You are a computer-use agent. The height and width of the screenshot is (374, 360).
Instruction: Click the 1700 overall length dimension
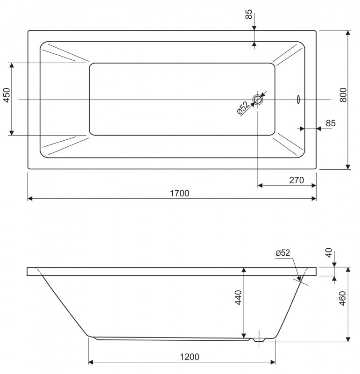click(179, 193)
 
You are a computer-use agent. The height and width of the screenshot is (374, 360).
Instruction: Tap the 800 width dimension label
click(343, 95)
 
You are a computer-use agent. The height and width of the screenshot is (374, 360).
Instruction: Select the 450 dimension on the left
click(7, 95)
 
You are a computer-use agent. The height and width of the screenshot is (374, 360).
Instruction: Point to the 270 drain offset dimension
click(296, 180)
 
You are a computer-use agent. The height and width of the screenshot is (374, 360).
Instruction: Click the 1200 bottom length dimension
click(190, 357)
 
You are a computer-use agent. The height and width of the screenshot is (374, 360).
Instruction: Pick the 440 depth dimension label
click(238, 297)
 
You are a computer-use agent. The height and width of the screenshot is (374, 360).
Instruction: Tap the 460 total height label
click(342, 298)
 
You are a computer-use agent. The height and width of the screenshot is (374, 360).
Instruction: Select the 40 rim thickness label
click(329, 252)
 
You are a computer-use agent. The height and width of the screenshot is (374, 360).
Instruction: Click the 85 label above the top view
click(248, 14)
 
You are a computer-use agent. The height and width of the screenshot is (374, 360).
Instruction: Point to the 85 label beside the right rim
click(331, 123)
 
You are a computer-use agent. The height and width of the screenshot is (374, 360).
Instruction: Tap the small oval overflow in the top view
click(298, 100)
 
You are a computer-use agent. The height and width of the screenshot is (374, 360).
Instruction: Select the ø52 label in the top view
click(243, 108)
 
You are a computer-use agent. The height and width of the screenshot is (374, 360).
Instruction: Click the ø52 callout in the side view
click(283, 253)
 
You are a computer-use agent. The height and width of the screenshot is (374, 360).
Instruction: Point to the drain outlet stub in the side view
click(259, 340)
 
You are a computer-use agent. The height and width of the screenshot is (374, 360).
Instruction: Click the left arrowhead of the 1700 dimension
click(30, 198)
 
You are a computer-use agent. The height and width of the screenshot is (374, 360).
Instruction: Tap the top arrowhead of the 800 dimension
click(348, 33)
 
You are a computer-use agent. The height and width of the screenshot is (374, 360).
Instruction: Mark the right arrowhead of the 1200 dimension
click(273, 362)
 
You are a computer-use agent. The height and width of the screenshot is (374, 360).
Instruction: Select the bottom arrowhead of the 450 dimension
click(12, 133)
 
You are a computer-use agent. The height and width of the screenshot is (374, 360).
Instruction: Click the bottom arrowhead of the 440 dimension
click(244, 335)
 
